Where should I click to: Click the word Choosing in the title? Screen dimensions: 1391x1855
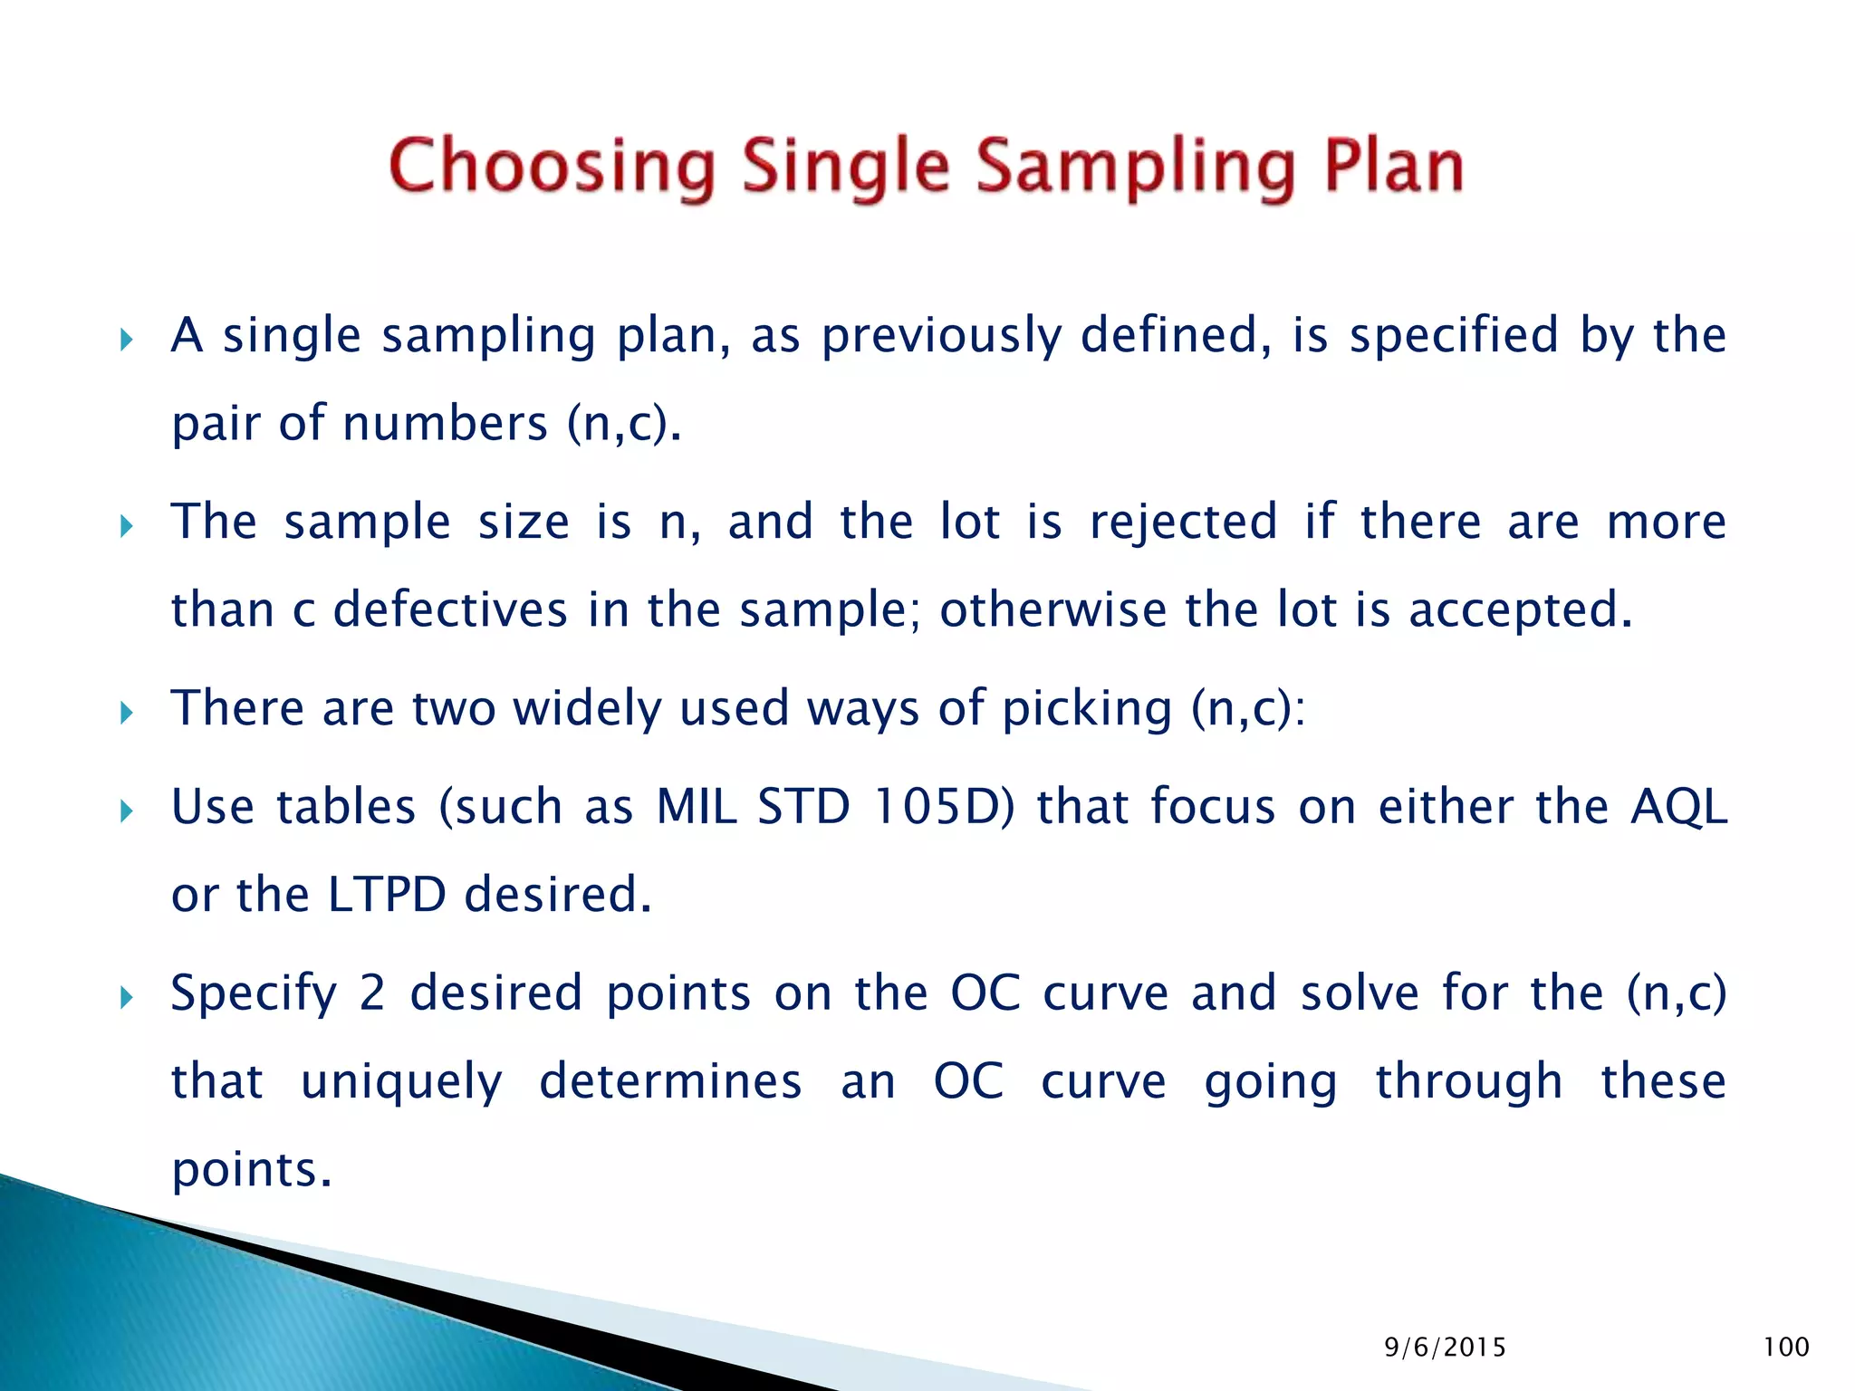tap(552, 168)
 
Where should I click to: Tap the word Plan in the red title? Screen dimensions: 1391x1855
tap(1393, 168)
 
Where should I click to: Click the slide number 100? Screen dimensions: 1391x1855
tap(1785, 1348)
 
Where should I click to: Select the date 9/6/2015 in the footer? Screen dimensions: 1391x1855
tap(1445, 1348)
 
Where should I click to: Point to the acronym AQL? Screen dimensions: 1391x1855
tap(1677, 806)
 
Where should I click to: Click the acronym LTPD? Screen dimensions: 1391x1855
tap(387, 895)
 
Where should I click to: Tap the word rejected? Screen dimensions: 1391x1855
tap(1183, 522)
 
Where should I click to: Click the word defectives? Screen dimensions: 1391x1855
tap(450, 609)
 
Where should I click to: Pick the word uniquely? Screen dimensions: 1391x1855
tap(401, 1081)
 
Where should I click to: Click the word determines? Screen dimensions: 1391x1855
tap(670, 1081)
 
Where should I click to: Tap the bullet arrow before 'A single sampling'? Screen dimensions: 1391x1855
tap(127, 341)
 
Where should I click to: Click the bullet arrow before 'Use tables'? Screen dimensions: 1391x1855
tap(127, 811)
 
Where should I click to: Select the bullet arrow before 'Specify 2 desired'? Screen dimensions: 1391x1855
tap(127, 998)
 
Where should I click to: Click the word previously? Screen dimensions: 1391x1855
tap(941, 336)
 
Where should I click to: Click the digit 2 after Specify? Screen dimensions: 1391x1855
tap(371, 993)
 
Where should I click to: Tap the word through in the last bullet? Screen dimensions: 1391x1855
tap(1468, 1081)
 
